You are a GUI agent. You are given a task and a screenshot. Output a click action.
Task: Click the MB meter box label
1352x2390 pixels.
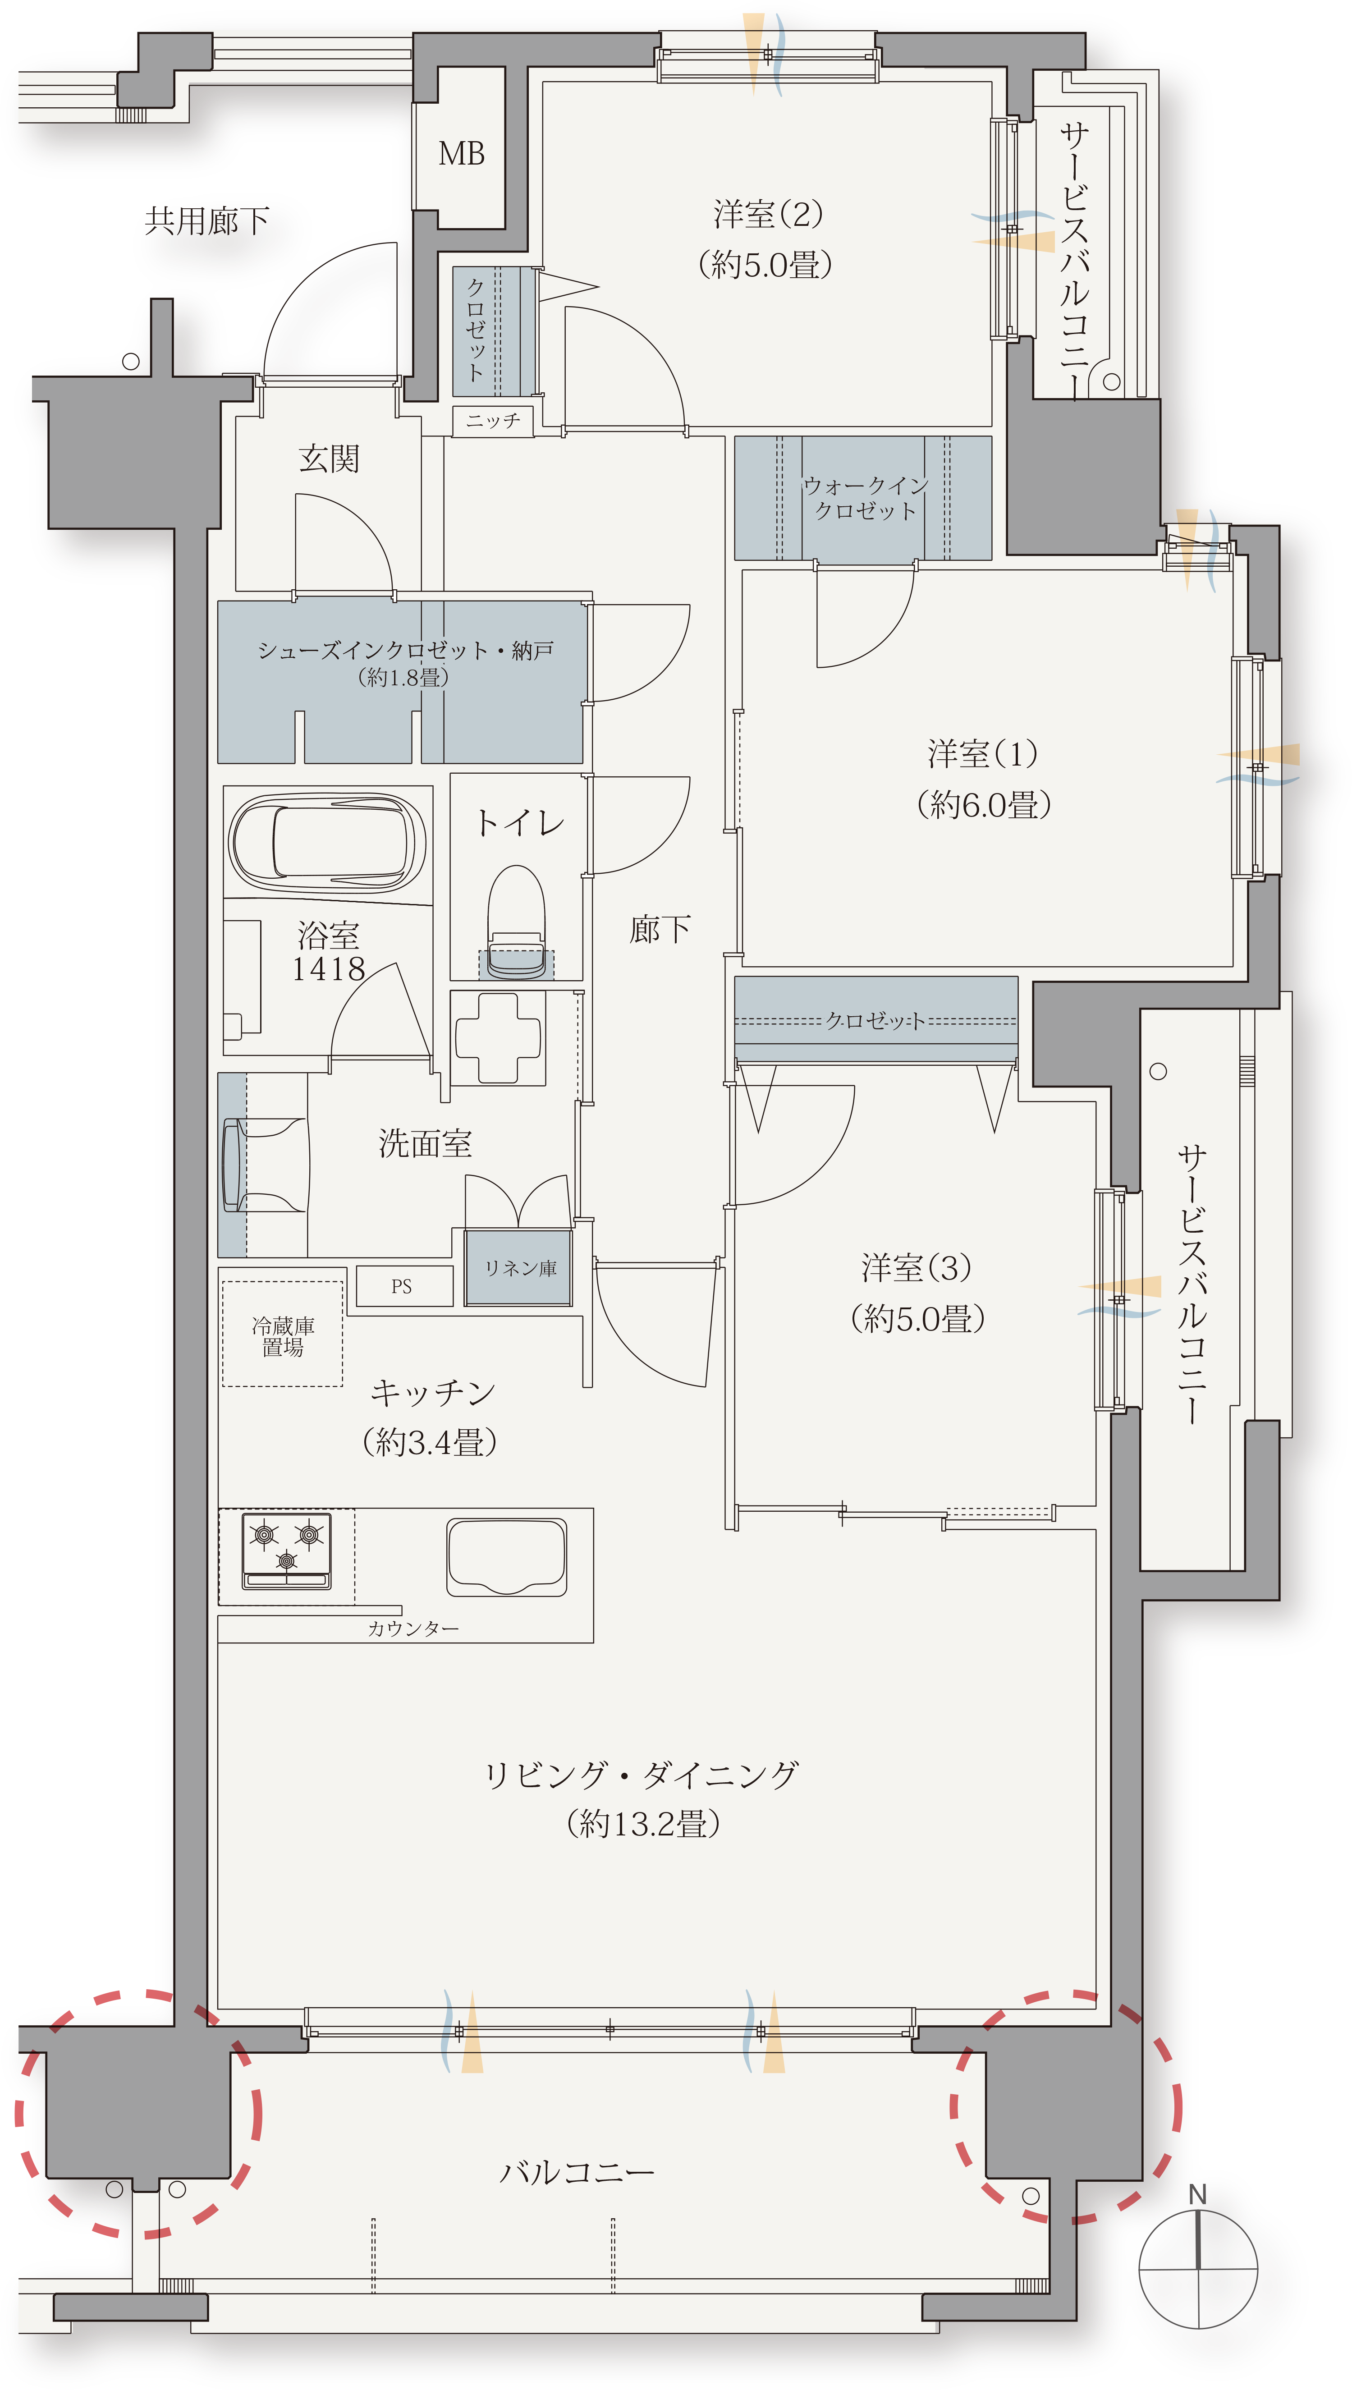[462, 154]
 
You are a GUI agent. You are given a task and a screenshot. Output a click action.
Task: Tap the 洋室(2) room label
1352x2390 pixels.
[768, 215]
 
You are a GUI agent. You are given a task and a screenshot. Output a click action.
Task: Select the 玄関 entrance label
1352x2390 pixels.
[329, 459]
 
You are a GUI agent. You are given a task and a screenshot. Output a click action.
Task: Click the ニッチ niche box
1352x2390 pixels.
[493, 421]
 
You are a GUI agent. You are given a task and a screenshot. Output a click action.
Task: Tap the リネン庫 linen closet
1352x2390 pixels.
[519, 1268]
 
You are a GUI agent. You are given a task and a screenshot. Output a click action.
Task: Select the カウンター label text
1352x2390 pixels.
[413, 1629]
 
